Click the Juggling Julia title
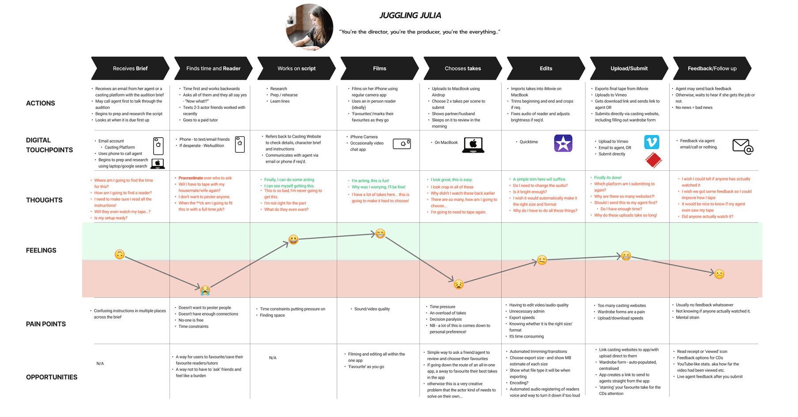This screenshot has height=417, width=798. click(410, 15)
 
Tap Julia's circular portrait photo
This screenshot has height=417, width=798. click(309, 27)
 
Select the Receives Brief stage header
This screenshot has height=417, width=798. click(130, 68)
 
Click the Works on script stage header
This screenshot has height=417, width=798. click(296, 68)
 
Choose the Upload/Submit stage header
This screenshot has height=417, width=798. click(629, 68)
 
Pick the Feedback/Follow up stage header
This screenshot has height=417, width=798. click(712, 68)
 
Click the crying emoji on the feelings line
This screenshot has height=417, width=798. click(205, 290)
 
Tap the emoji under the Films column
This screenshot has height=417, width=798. click(380, 233)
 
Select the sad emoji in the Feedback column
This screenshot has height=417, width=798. click(719, 274)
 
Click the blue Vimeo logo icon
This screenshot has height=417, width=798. click(651, 142)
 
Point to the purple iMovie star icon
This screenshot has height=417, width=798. click(563, 143)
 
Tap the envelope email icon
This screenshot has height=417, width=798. click(742, 147)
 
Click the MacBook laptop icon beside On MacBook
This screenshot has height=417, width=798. click(473, 145)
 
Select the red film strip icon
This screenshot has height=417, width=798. click(654, 160)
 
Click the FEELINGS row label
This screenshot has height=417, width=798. click(41, 250)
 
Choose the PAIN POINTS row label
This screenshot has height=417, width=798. click(46, 324)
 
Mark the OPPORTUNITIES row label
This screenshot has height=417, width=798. click(52, 377)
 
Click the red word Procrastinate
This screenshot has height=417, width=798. click(191, 178)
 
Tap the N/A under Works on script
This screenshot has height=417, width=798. click(272, 358)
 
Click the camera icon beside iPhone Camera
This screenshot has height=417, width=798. click(402, 144)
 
